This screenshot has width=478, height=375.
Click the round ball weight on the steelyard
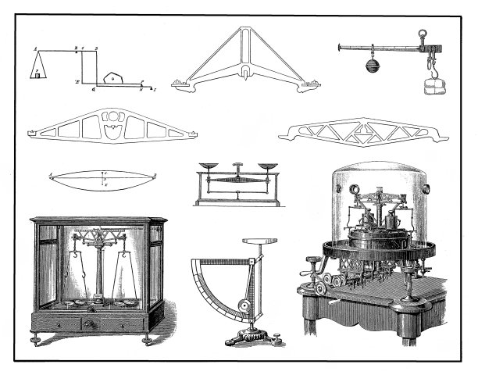(370, 65)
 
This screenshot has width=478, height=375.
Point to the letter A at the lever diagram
(34, 49)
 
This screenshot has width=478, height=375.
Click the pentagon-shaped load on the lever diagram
(114, 77)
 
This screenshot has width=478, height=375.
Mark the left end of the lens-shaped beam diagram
(52, 177)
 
